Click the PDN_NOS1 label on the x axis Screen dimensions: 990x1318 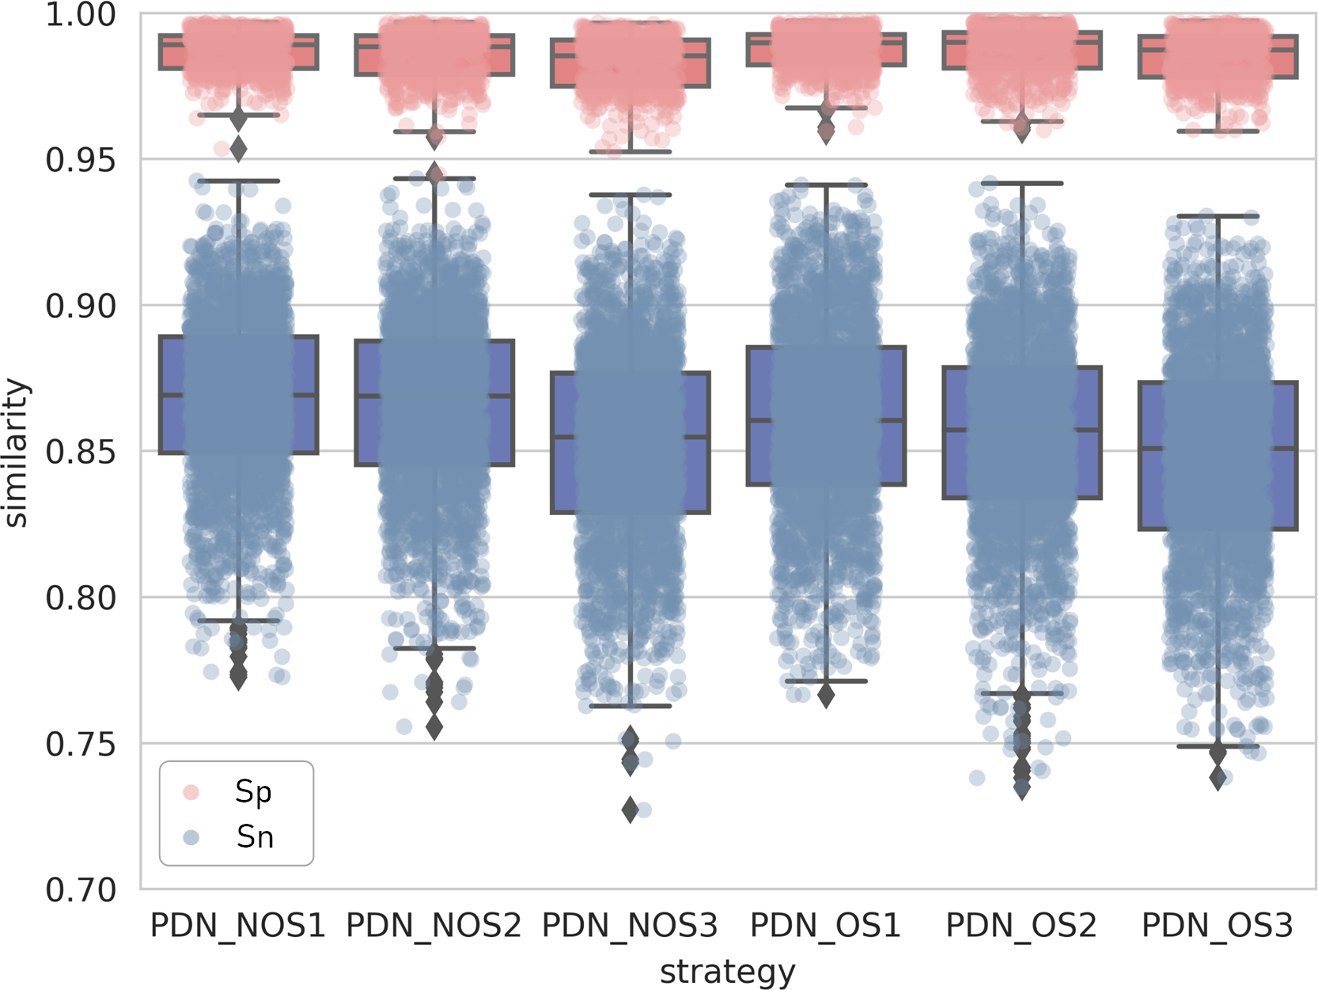(x=237, y=925)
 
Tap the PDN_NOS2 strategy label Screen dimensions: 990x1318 (x=434, y=925)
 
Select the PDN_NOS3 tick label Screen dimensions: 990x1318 (x=629, y=925)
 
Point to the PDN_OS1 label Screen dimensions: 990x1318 (x=825, y=925)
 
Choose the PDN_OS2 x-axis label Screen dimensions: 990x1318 (x=1021, y=925)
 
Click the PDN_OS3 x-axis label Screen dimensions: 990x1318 (x=1217, y=925)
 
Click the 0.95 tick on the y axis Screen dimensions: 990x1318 (x=80, y=160)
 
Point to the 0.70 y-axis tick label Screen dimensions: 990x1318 (x=80, y=889)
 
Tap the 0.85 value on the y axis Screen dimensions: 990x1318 (x=80, y=452)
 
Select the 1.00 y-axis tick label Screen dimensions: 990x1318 (x=80, y=14)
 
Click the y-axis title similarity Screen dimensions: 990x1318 (x=17, y=453)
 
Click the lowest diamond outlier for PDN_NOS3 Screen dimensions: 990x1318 (x=630, y=810)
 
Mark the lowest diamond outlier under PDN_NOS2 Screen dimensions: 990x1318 (x=434, y=727)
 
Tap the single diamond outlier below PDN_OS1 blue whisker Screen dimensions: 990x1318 (x=826, y=696)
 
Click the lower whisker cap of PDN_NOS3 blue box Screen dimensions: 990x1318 (x=630, y=706)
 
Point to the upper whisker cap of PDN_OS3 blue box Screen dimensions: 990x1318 (x=1218, y=216)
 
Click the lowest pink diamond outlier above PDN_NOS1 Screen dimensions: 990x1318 (x=238, y=149)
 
